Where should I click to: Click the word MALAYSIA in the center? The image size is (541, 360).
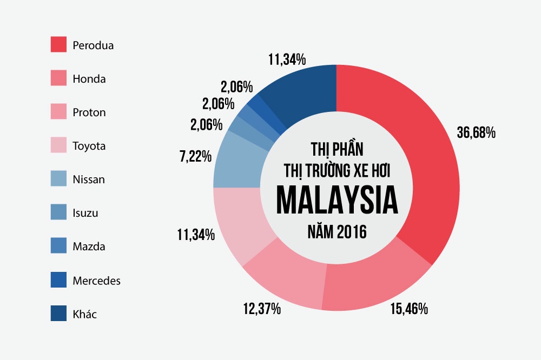(x=337, y=202)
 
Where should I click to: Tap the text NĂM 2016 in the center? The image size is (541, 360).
(x=337, y=232)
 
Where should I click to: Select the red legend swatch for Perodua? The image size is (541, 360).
(x=58, y=45)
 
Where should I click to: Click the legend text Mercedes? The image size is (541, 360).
(x=96, y=281)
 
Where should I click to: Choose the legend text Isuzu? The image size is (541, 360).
(x=85, y=213)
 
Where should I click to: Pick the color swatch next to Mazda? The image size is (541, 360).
(x=58, y=246)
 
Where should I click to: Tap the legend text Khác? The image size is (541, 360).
(x=84, y=314)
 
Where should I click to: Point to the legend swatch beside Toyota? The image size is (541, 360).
(x=58, y=146)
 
